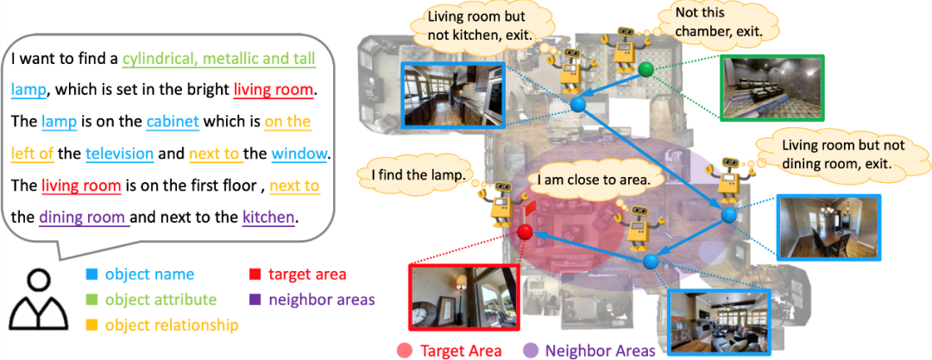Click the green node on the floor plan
pos(645,69)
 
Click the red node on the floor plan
pos(524,231)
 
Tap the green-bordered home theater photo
pos(771,87)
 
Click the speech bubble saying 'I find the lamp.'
pos(418,174)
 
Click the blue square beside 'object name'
pos(91,275)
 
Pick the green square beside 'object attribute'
pos(91,300)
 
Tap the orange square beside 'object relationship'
pos(91,325)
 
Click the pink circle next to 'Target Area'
pos(404,351)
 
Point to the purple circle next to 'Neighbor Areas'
pos(531,351)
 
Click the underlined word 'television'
pos(119,155)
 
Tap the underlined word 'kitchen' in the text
pos(269,217)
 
